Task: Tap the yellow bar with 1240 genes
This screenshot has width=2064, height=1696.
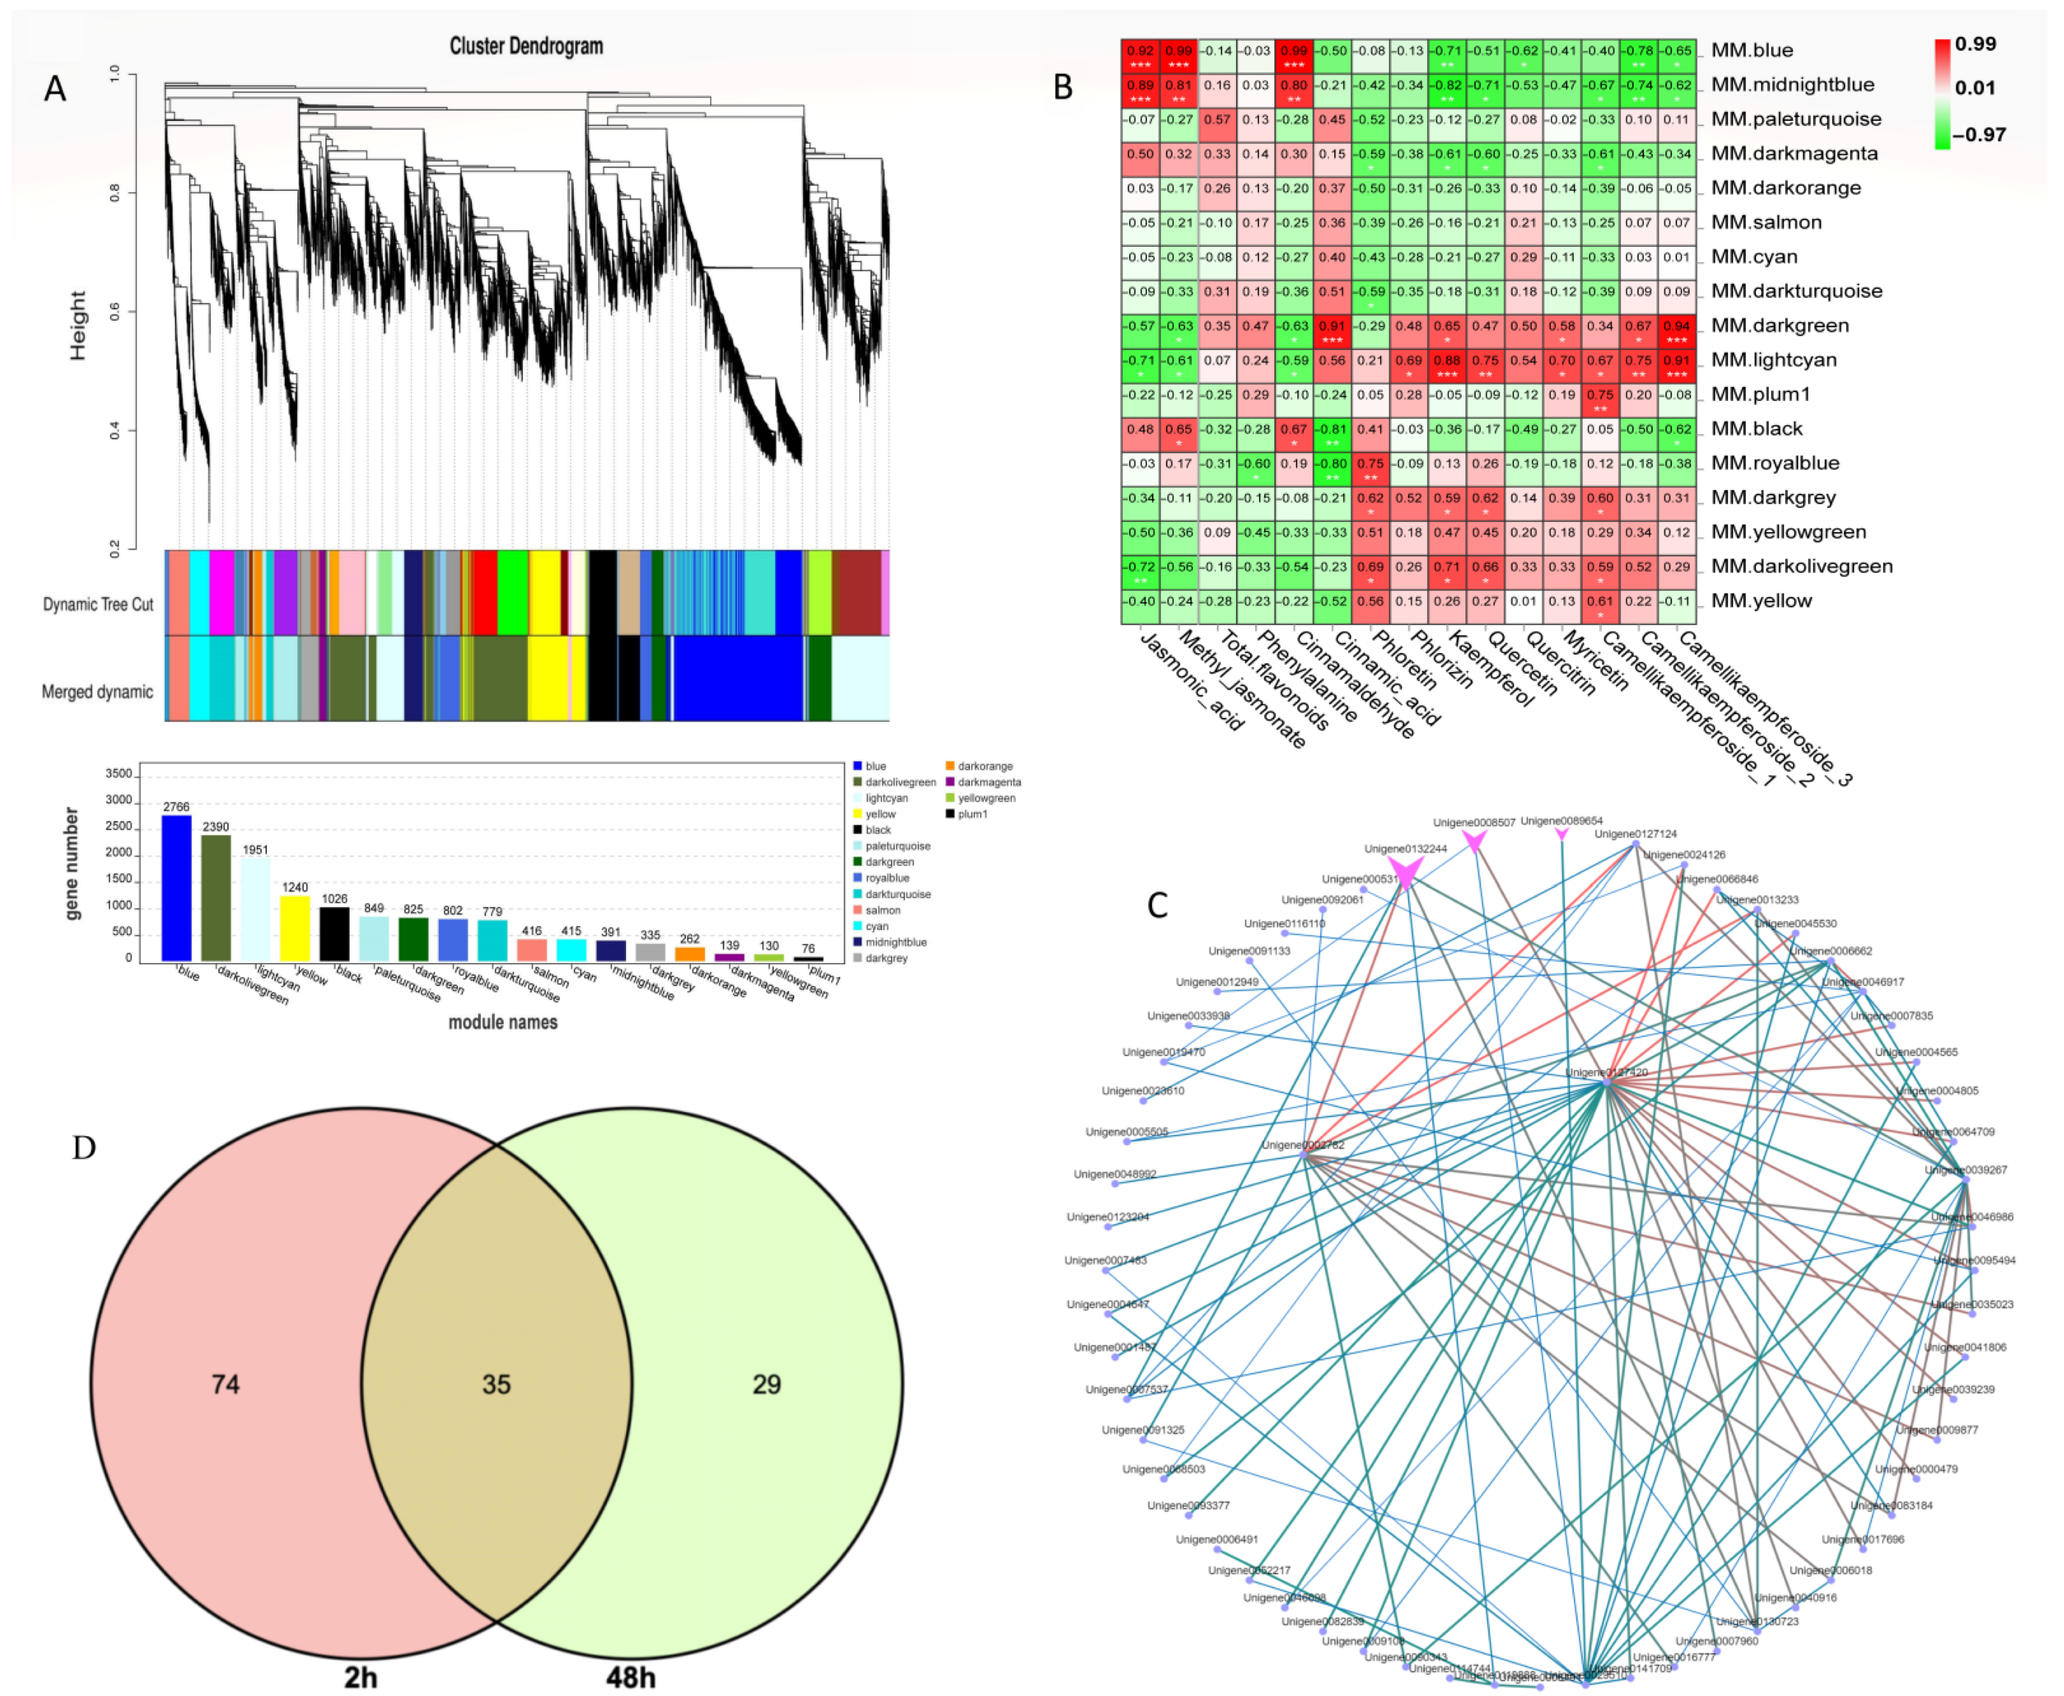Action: pos(295,927)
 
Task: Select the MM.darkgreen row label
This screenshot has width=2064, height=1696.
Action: pos(1780,325)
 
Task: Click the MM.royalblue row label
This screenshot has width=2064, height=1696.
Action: pos(1775,463)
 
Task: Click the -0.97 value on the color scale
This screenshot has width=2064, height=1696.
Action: pos(1979,135)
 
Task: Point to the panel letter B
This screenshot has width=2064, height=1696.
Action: pos(1063,88)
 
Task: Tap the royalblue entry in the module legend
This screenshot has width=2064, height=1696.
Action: pos(886,878)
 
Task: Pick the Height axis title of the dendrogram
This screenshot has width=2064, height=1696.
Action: pos(78,325)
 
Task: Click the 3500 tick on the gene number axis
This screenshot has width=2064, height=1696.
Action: pos(118,774)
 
